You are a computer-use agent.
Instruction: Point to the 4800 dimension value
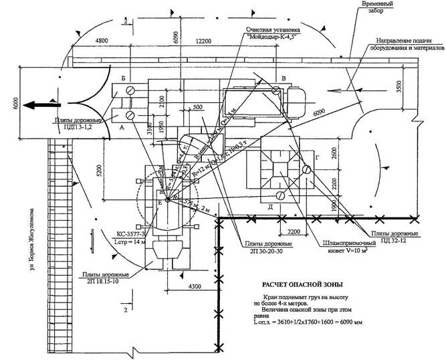click(84, 41)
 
